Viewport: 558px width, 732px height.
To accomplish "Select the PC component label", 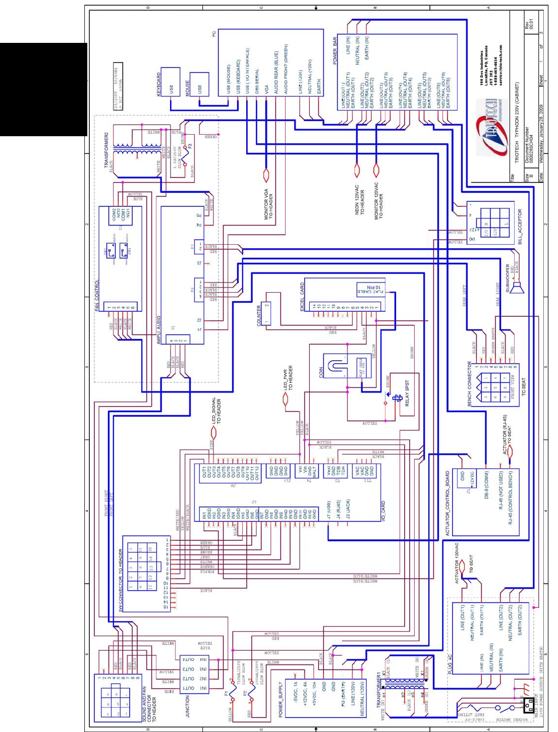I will [214, 34].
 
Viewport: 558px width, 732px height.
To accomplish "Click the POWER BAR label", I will [334, 50].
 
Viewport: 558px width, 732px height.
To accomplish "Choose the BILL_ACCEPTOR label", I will [520, 227].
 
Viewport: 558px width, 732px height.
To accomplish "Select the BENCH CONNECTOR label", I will [469, 383].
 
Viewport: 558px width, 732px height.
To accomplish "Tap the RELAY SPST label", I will [407, 393].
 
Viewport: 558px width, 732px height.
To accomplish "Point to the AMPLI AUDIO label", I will [158, 330].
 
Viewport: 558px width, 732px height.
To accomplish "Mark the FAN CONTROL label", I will [97, 296].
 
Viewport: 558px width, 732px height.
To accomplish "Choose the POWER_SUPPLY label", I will [281, 699].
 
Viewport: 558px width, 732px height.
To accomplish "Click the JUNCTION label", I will [187, 706].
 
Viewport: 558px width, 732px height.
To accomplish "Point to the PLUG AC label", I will [451, 664].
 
